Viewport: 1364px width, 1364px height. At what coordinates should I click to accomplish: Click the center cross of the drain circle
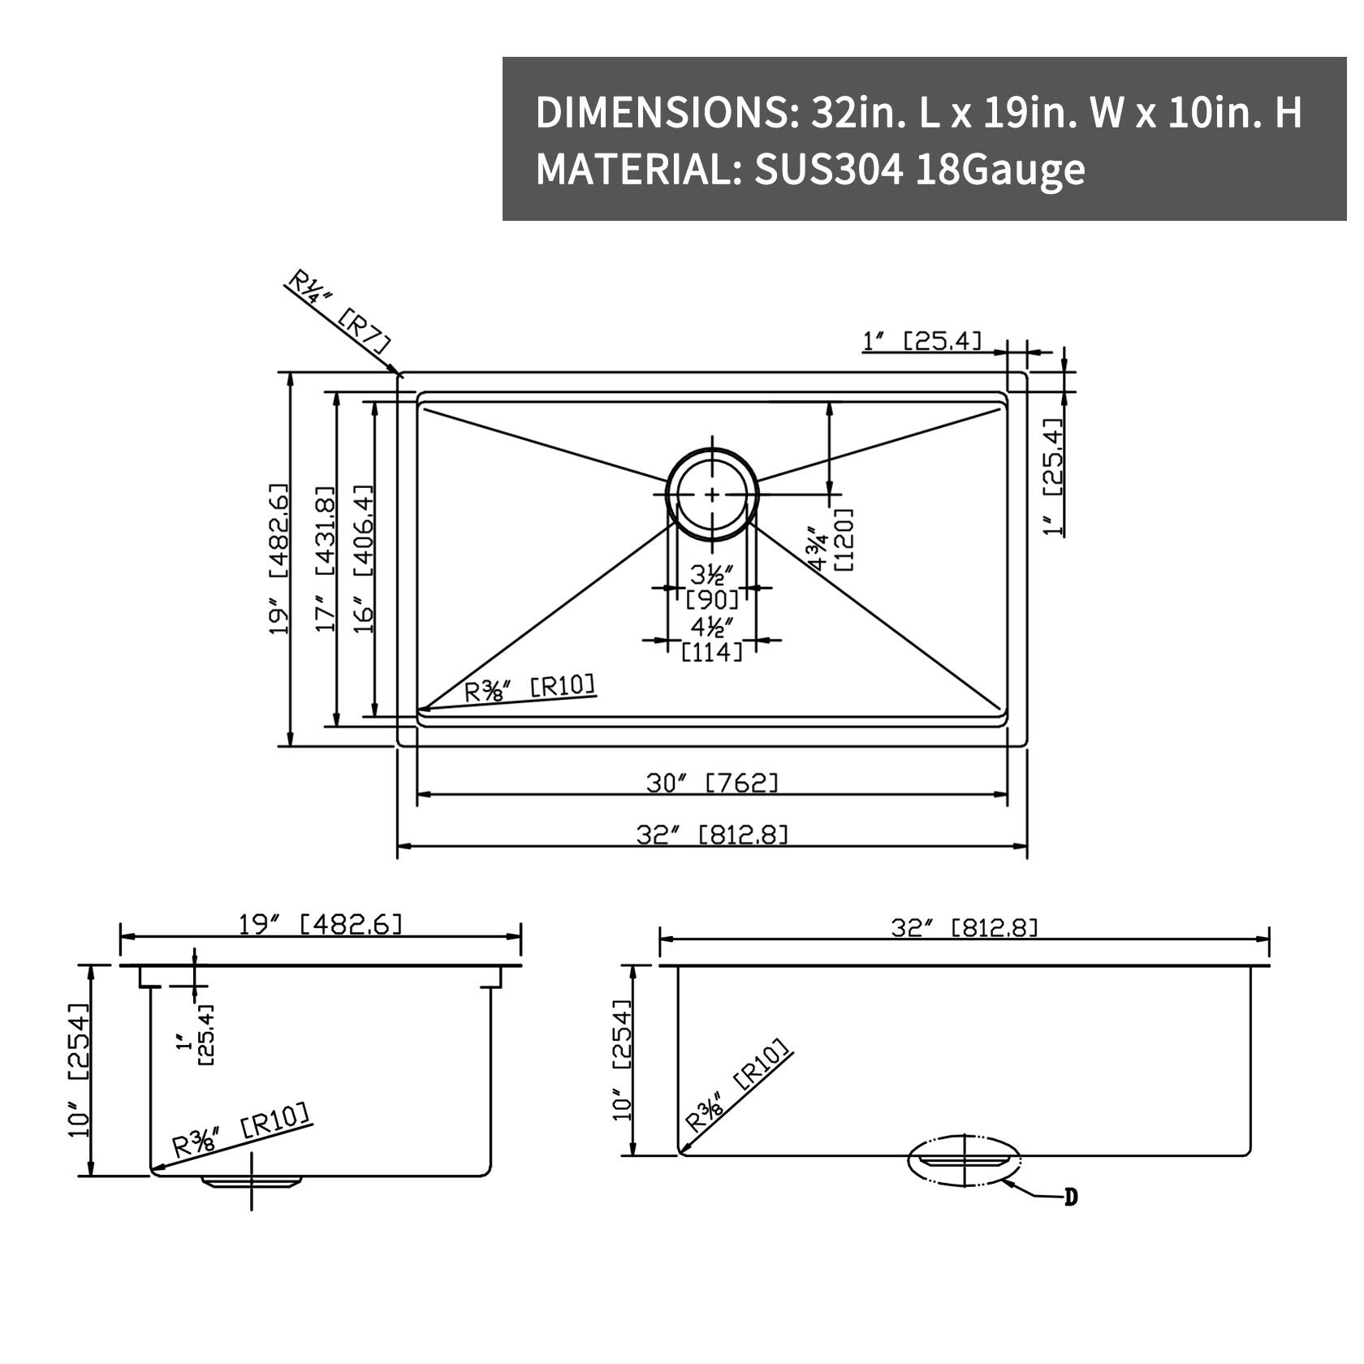click(x=712, y=494)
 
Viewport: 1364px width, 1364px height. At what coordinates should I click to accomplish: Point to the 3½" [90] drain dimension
click(x=712, y=587)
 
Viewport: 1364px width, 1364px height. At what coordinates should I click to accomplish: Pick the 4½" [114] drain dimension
click(x=712, y=639)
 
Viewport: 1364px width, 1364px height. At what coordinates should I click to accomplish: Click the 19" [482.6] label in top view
click(x=279, y=559)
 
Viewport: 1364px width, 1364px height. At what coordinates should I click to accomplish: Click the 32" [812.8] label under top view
click(x=712, y=834)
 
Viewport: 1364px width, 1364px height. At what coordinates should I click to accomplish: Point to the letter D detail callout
click(x=1071, y=1197)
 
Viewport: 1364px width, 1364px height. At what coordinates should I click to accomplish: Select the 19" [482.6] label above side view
click(x=320, y=924)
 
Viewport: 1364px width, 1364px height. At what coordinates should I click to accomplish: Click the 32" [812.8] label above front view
click(x=964, y=926)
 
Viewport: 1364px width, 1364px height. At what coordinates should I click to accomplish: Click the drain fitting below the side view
click(x=252, y=1181)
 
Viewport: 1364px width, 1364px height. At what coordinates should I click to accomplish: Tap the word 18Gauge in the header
click(x=999, y=170)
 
